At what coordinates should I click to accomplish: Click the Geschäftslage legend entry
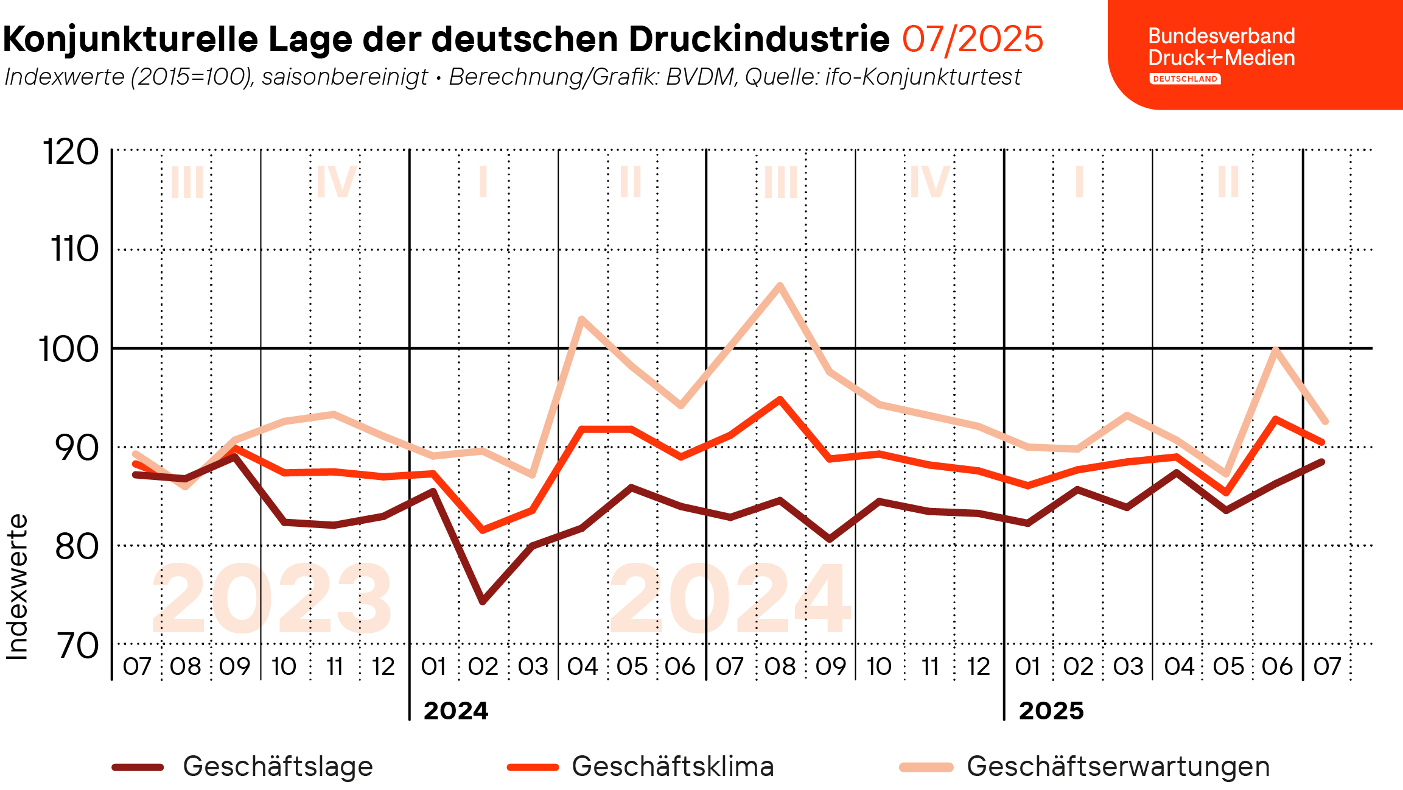coord(278,766)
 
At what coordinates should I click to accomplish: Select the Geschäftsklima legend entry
coord(673,766)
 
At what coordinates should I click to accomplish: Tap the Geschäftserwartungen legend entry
coord(1118,766)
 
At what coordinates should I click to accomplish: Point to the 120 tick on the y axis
coord(70,152)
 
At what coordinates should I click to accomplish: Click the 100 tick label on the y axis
coord(68,350)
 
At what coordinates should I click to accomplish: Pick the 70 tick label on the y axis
coord(77,646)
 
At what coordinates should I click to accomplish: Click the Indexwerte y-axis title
coord(17,587)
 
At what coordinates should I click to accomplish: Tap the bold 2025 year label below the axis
coord(1051,711)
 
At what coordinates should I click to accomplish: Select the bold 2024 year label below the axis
coord(456,711)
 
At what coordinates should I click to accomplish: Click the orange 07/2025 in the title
coord(972,40)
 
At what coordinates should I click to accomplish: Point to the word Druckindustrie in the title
coord(759,40)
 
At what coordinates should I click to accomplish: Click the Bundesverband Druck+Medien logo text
coord(1221,47)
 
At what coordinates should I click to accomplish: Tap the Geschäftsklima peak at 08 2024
coord(780,399)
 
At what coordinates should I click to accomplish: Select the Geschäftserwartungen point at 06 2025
coord(1275,350)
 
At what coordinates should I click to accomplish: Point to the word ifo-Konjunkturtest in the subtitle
coord(923,77)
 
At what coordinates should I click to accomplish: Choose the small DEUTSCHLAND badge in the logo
coord(1184,79)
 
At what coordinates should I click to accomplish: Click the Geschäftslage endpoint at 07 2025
coord(1322,462)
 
